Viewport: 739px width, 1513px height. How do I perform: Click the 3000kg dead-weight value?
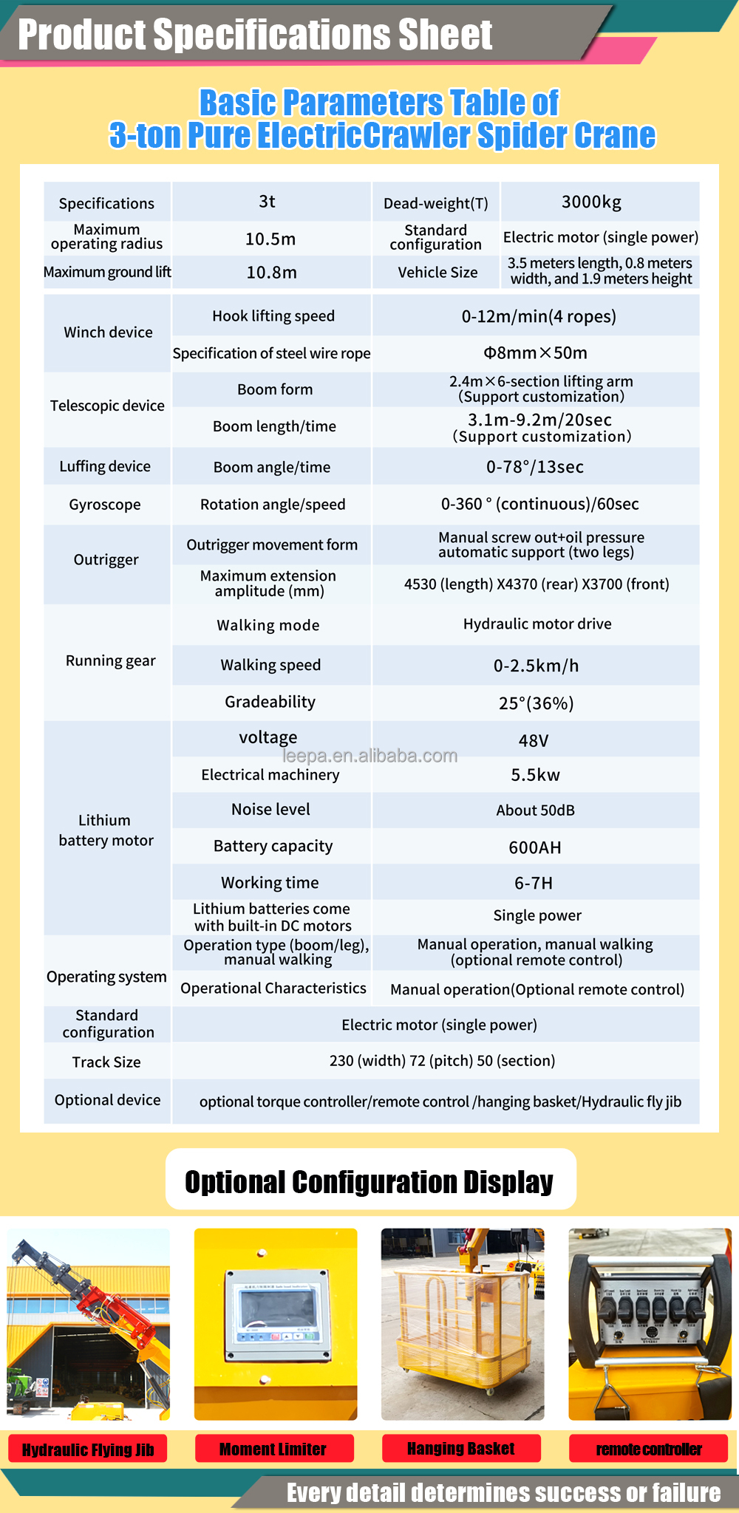(591, 202)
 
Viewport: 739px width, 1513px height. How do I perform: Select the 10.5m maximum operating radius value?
(270, 239)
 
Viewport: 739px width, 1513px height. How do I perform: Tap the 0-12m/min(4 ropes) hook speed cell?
(539, 316)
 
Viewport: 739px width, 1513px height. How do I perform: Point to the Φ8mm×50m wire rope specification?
(535, 352)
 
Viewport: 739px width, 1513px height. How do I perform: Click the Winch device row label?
(108, 332)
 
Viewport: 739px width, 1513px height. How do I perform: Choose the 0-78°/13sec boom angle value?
(535, 467)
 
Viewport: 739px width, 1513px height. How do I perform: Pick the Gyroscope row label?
(105, 505)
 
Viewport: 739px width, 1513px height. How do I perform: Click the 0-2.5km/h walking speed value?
(536, 666)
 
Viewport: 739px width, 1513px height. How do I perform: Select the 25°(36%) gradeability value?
(536, 703)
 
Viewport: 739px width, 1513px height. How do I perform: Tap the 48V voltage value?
(534, 740)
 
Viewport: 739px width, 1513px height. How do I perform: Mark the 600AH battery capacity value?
(535, 847)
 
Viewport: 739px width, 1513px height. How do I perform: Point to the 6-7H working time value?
(534, 883)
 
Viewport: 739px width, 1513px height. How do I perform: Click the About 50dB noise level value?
(535, 810)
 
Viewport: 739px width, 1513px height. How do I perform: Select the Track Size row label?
(106, 1062)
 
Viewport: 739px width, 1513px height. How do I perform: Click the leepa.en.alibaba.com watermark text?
(370, 756)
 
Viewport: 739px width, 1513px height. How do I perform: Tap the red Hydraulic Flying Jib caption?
(88, 1450)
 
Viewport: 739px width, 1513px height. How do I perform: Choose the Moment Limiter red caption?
(273, 1449)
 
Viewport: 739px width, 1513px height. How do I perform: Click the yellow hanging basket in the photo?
(461, 1330)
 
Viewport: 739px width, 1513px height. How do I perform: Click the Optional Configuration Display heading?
(369, 1182)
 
